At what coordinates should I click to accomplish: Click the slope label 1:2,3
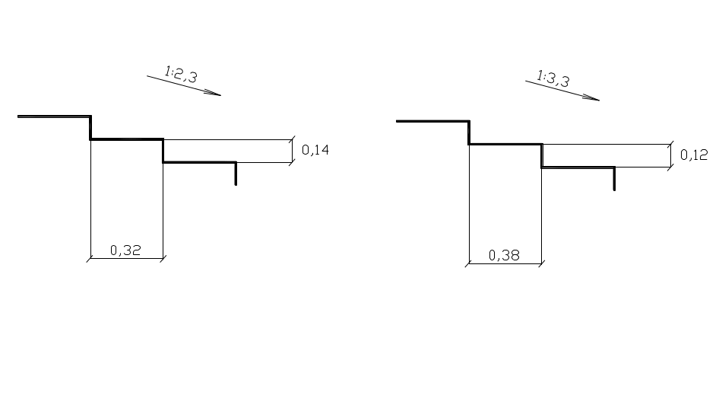(x=181, y=75)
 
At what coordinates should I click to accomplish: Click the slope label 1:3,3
(x=553, y=78)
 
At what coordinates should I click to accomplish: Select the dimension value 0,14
(x=315, y=150)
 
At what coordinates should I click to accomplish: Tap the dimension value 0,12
(x=694, y=155)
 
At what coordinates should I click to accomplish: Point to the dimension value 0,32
(x=125, y=250)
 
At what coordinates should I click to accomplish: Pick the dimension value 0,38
(x=504, y=256)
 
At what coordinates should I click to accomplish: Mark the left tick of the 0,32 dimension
(x=90, y=258)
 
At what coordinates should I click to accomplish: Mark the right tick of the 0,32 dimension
(x=163, y=258)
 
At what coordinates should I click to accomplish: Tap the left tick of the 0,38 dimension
(x=469, y=263)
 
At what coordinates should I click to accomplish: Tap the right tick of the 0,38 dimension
(x=542, y=263)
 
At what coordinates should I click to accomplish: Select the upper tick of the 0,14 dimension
(x=292, y=139)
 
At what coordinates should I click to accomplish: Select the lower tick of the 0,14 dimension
(x=292, y=162)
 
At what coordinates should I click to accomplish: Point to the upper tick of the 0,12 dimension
(x=671, y=144)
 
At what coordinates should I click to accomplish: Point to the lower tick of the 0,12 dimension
(x=671, y=167)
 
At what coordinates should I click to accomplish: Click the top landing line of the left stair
(x=54, y=116)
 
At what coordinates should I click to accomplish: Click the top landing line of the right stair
(x=433, y=121)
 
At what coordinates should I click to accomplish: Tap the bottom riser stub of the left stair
(x=236, y=174)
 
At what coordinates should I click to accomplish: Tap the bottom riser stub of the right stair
(x=614, y=179)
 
